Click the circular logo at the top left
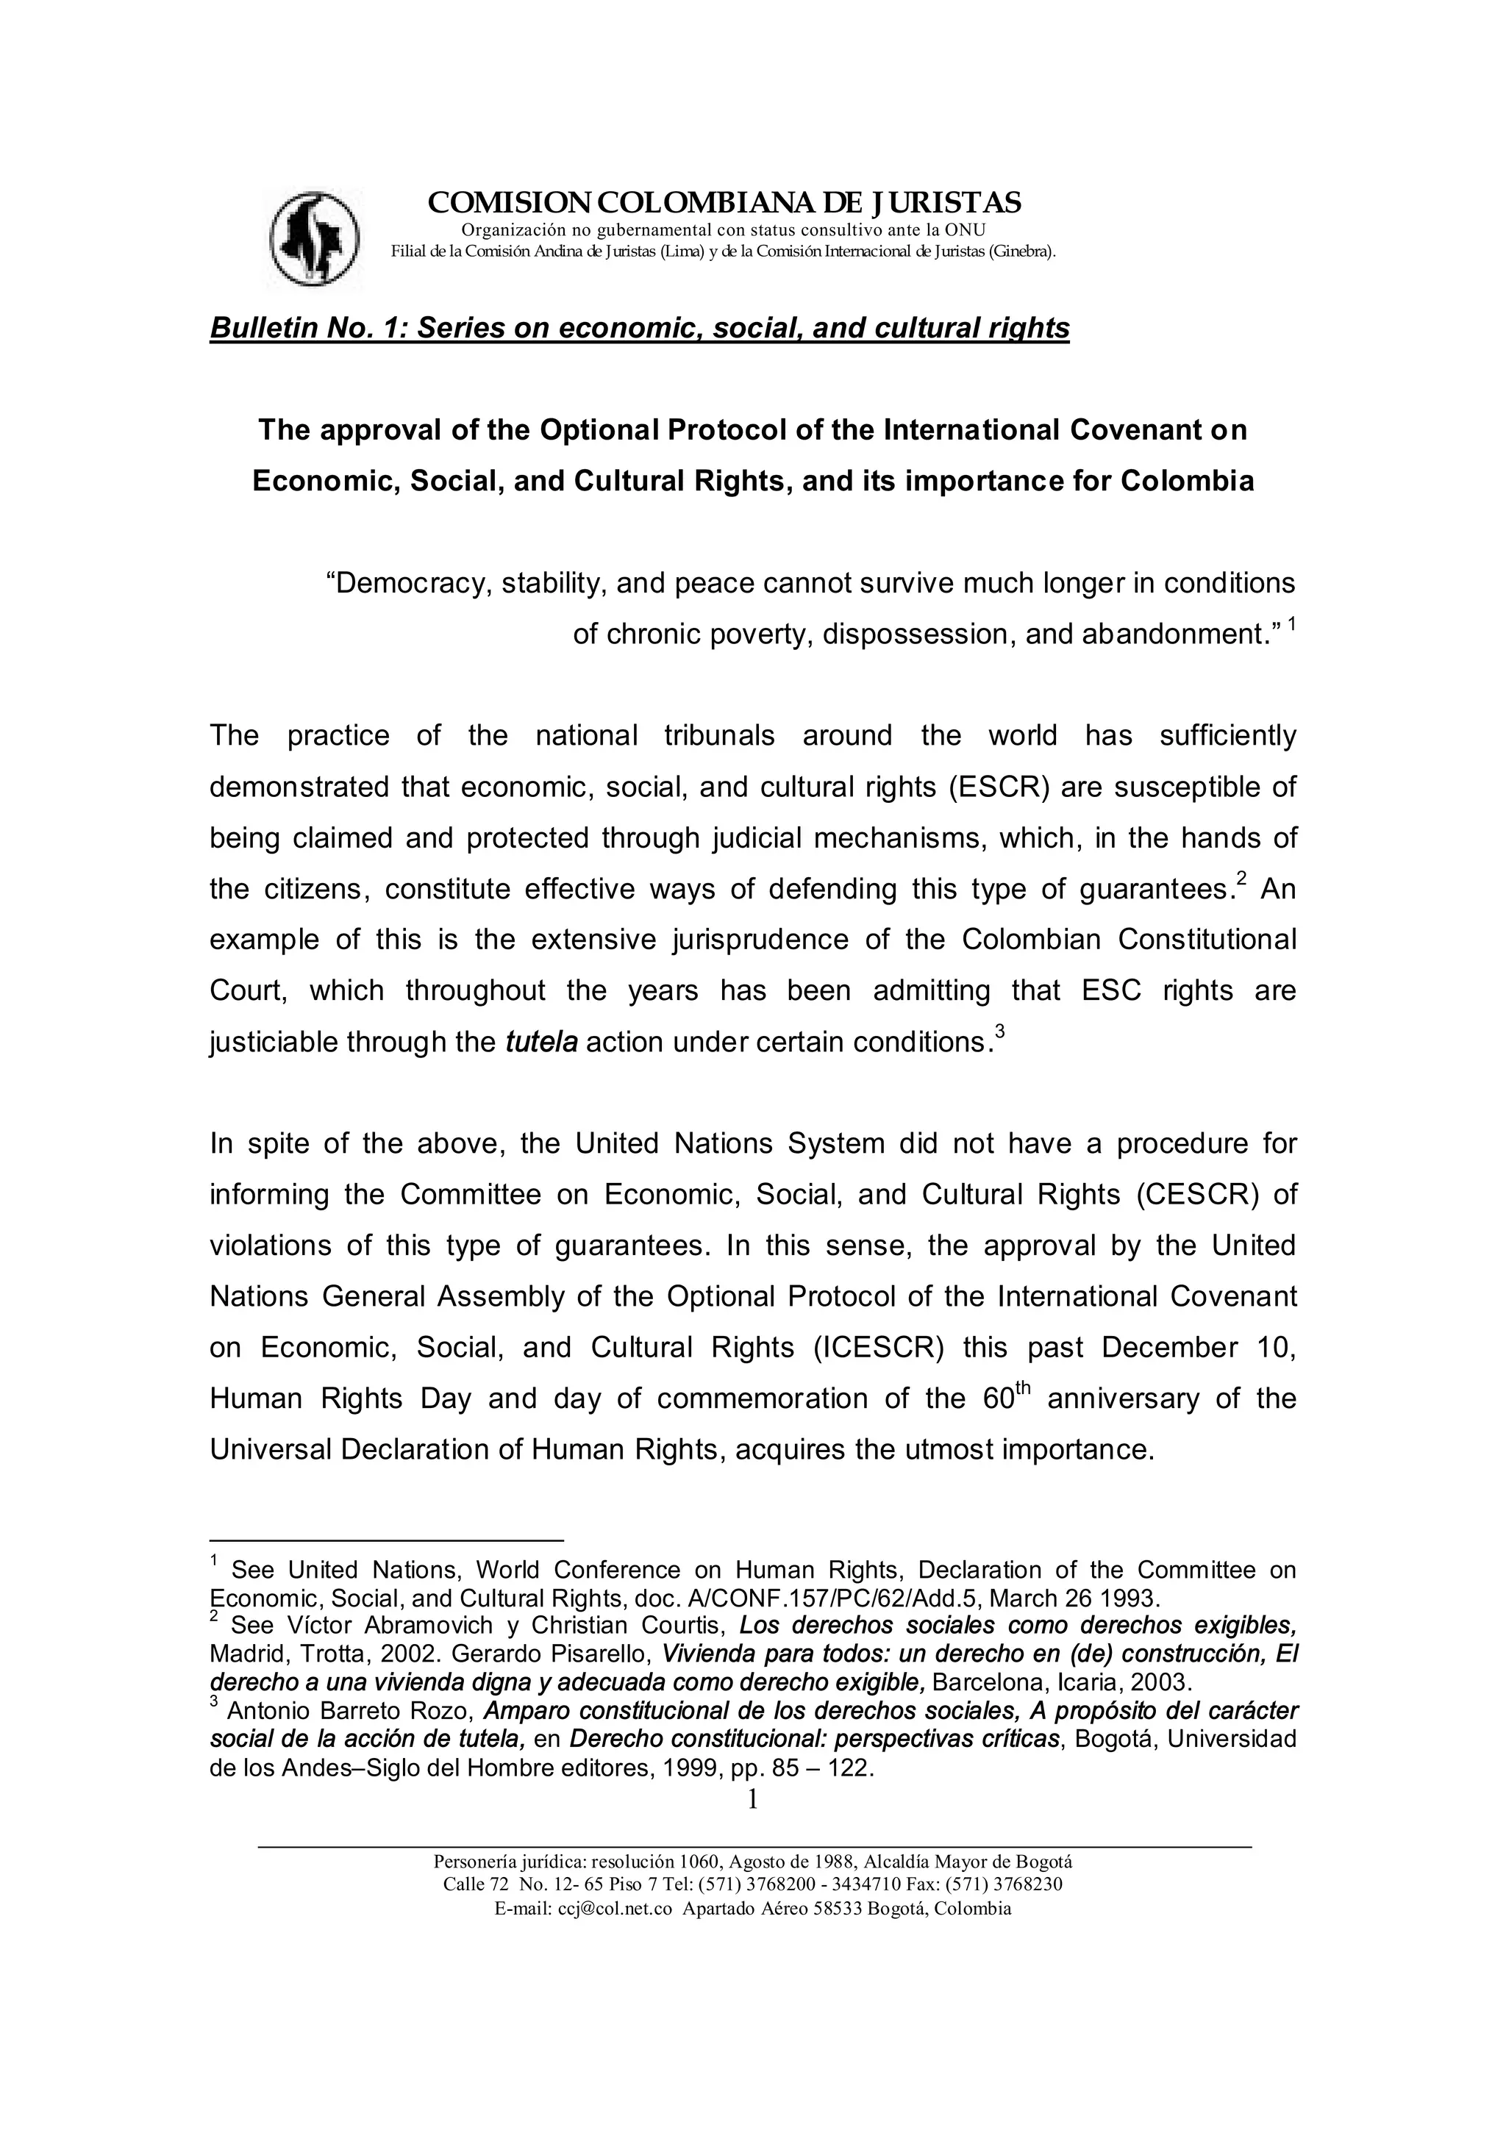coord(315,238)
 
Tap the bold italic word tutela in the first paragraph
coord(541,1042)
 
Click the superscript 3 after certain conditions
coord(999,1031)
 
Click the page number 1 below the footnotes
coord(752,1800)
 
